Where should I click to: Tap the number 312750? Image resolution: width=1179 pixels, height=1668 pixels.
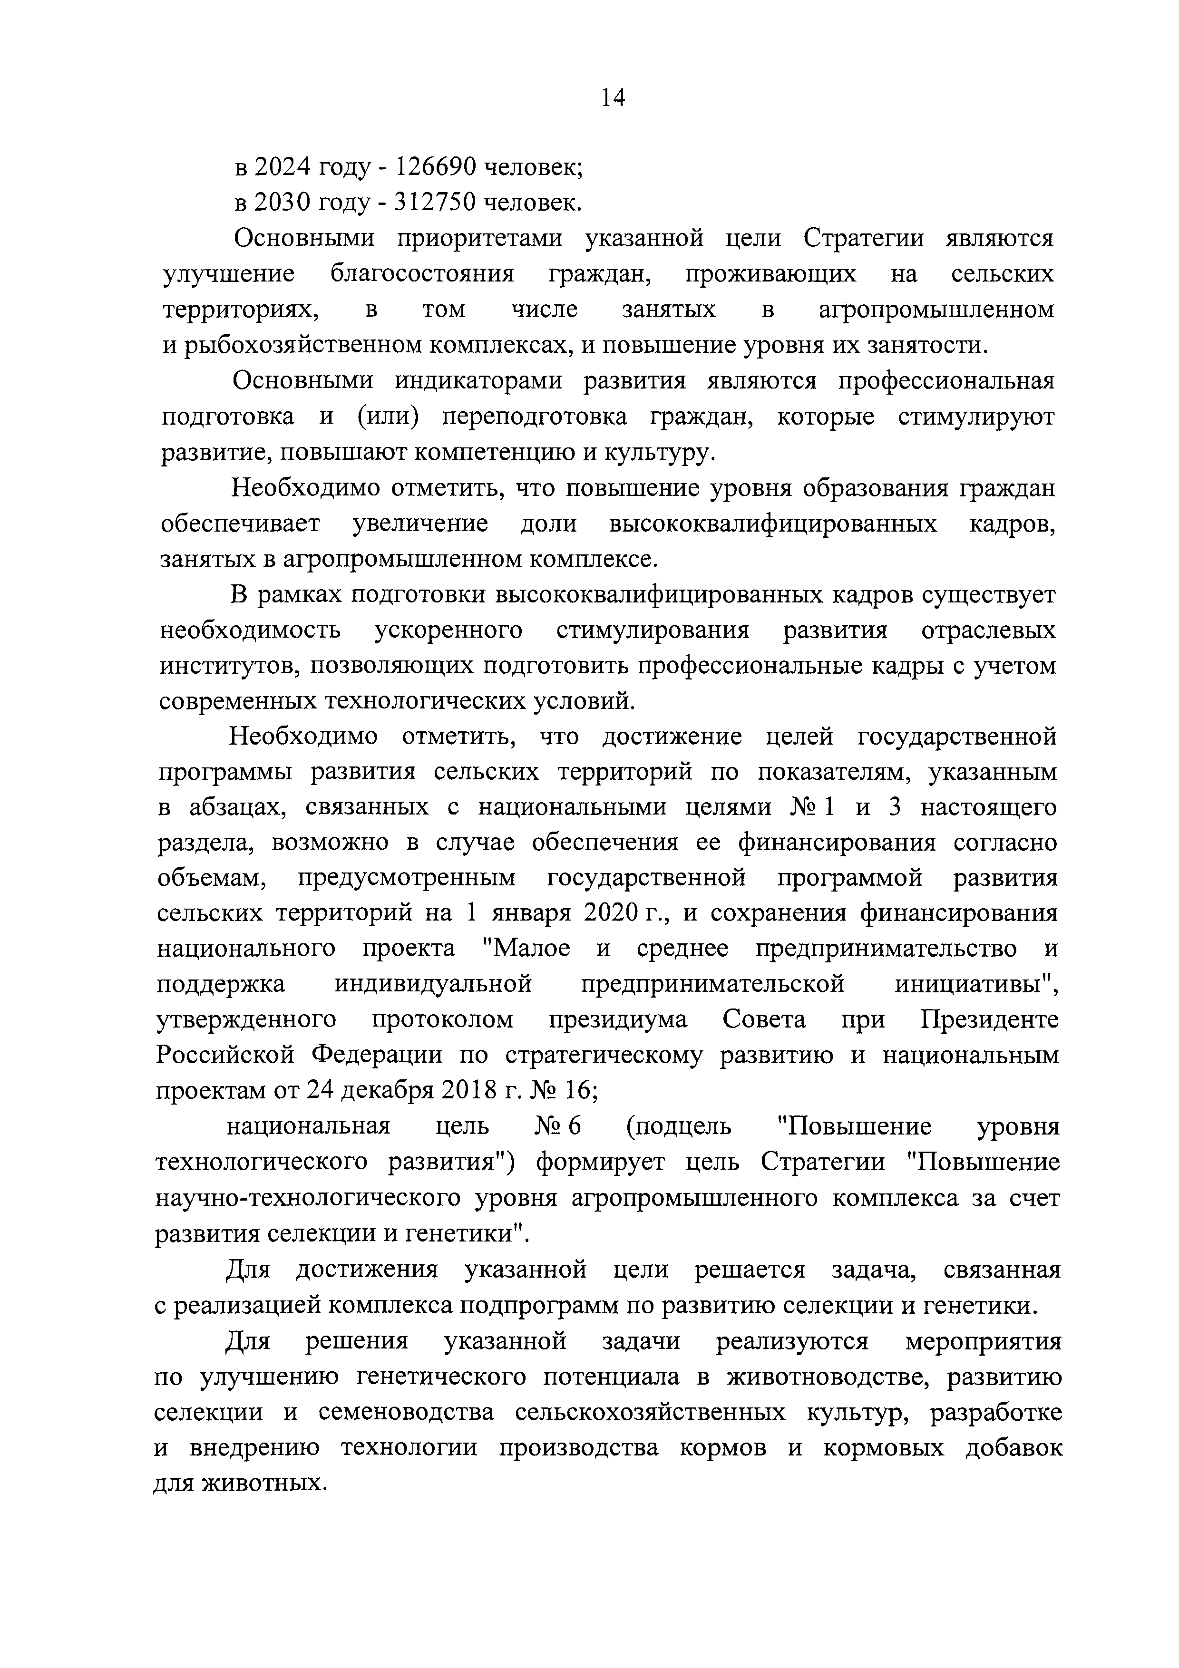(434, 203)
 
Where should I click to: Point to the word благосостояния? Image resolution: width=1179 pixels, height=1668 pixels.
(421, 274)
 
